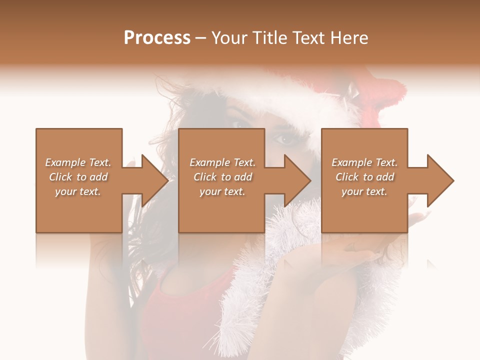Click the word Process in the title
click(157, 37)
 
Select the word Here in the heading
click(349, 37)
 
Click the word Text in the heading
click(308, 37)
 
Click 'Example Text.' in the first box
click(78, 162)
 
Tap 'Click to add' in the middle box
click(222, 177)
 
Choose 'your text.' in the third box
click(364, 191)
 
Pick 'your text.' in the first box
click(78, 191)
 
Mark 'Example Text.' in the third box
click(364, 162)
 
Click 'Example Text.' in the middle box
click(222, 162)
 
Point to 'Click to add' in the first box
click(78, 177)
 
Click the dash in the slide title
click(200, 38)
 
